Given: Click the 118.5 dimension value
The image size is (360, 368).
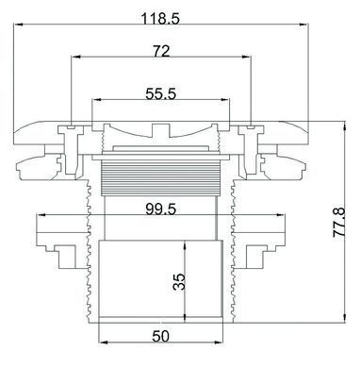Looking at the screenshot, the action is pyautogui.click(x=160, y=19).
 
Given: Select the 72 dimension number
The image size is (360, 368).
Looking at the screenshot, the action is pyautogui.click(x=161, y=51).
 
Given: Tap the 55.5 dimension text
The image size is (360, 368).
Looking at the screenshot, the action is pyautogui.click(x=161, y=93).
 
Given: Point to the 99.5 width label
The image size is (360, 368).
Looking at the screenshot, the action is pyautogui.click(x=161, y=209).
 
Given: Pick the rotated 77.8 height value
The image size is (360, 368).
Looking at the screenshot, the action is pyautogui.click(x=339, y=222).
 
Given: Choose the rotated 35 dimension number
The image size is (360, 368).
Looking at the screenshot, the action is pyautogui.click(x=180, y=281).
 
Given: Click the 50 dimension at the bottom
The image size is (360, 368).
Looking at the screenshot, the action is pyautogui.click(x=161, y=336).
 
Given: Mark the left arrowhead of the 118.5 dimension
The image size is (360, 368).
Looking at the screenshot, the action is pyautogui.click(x=19, y=25).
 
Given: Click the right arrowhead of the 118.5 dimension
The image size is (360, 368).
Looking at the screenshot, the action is pyautogui.click(x=303, y=25).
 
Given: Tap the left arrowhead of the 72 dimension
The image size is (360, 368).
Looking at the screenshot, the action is pyautogui.click(x=76, y=57).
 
